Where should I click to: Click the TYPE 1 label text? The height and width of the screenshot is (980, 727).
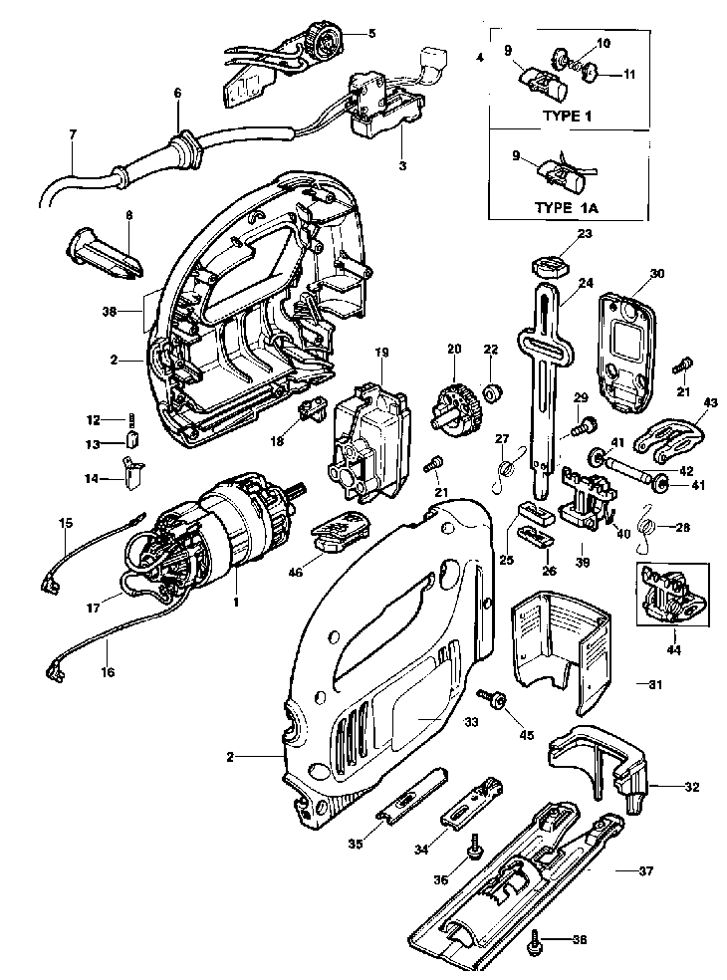point(567,116)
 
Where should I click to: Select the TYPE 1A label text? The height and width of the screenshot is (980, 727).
point(567,208)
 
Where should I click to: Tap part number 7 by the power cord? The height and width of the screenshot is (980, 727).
point(73,134)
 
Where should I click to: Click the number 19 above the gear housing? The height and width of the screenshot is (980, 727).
point(381,353)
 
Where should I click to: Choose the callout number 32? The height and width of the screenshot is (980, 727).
point(692,787)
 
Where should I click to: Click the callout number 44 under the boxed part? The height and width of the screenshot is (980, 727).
point(672,650)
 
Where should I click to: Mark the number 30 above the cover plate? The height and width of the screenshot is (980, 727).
point(657,274)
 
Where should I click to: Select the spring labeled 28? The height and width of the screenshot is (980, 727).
point(647,529)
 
